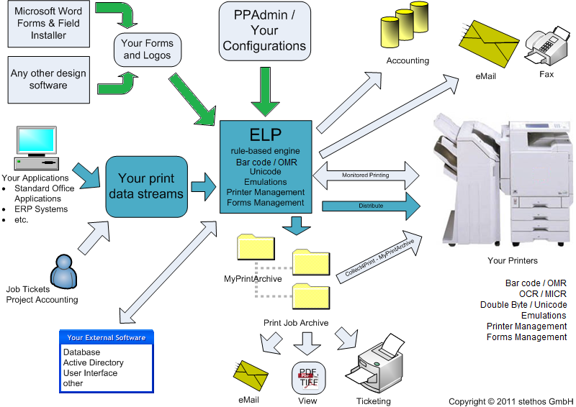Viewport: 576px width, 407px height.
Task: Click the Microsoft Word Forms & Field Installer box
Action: coord(48,23)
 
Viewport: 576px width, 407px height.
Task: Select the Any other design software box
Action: coord(48,79)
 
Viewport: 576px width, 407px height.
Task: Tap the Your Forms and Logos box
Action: coord(147,50)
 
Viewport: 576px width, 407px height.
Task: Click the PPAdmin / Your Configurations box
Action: coord(264,30)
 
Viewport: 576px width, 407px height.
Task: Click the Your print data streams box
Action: coord(150,186)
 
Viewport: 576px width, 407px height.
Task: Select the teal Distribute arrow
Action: coord(372,206)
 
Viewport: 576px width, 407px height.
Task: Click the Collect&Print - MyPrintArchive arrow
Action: coord(379,256)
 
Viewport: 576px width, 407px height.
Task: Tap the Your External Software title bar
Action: coord(107,337)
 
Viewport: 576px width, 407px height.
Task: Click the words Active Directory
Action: coord(93,363)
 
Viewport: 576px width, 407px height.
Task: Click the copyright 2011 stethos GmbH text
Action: coord(510,401)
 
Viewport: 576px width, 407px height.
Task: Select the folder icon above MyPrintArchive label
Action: coord(253,249)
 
